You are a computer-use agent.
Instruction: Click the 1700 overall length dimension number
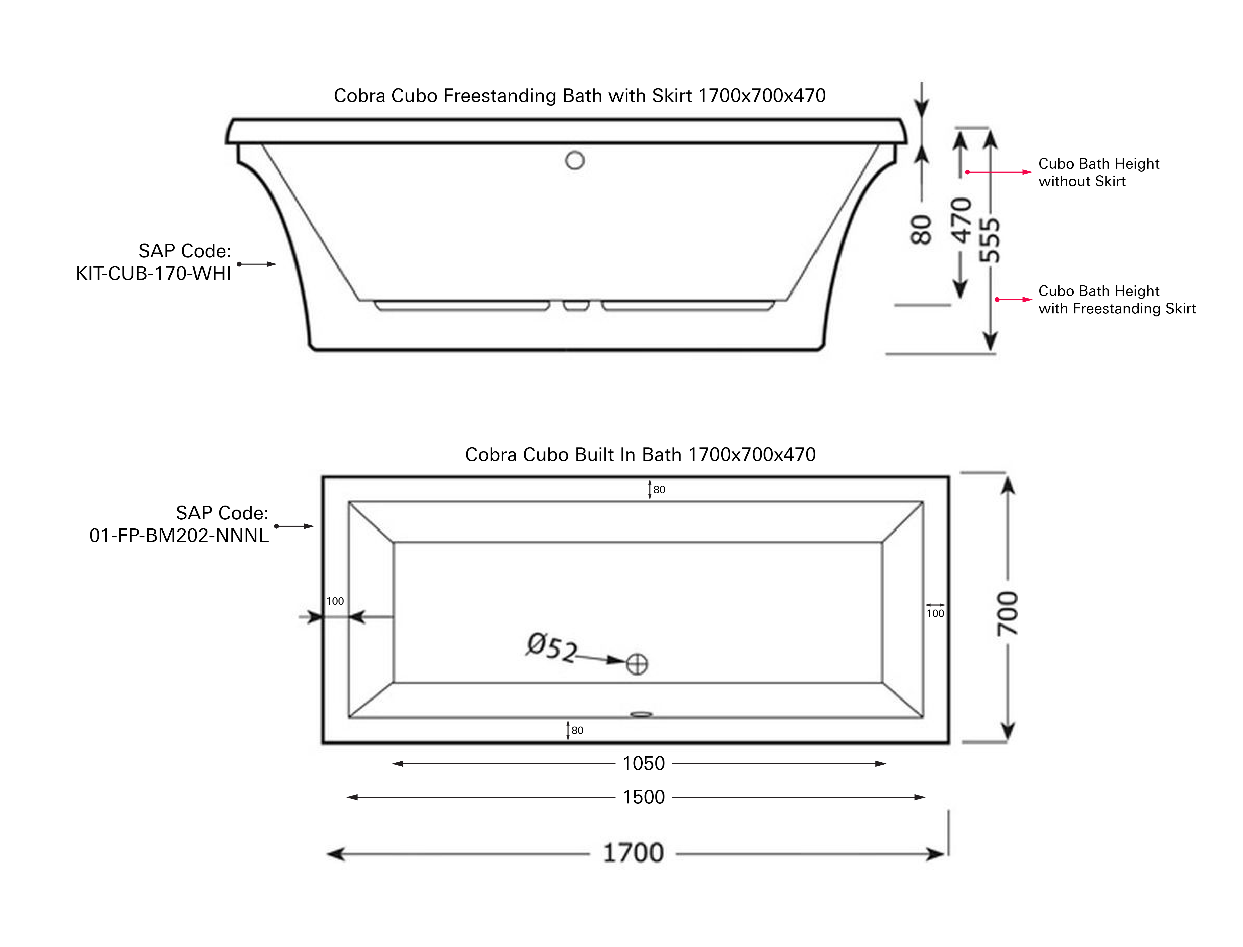click(x=633, y=853)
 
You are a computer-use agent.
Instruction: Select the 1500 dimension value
click(x=644, y=797)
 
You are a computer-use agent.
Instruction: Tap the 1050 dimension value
click(x=644, y=764)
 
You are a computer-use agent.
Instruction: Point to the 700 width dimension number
click(x=1007, y=614)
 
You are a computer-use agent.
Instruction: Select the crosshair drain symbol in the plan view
click(x=637, y=664)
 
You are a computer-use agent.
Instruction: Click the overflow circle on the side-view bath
click(x=575, y=161)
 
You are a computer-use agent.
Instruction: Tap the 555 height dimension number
click(x=990, y=241)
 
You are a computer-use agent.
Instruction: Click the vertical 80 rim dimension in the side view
click(x=921, y=230)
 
